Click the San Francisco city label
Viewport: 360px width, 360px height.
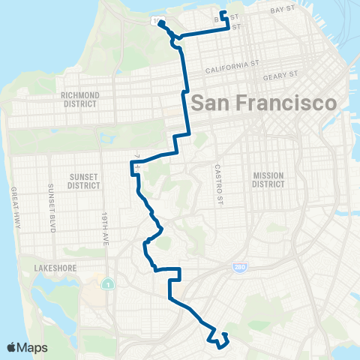pyautogui.click(x=264, y=103)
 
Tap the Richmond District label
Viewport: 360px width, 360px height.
pyautogui.click(x=82, y=100)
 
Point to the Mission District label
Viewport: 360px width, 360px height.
pyautogui.click(x=268, y=180)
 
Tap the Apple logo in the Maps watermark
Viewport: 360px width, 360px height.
pyautogui.click(x=12, y=347)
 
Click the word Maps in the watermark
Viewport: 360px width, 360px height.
pyautogui.click(x=34, y=347)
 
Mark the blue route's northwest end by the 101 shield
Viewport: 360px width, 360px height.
pyautogui.click(x=160, y=22)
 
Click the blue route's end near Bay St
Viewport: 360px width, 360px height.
pyautogui.click(x=223, y=13)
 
